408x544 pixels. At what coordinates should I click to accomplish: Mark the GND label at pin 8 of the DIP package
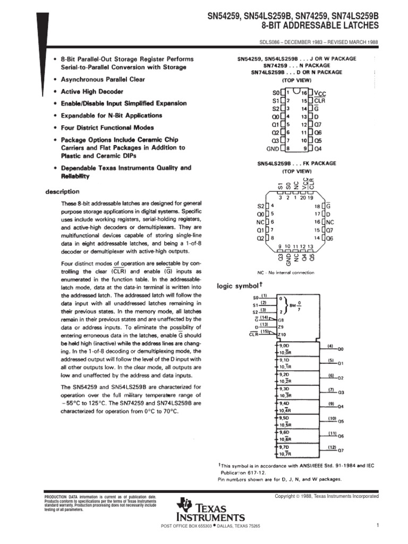273,149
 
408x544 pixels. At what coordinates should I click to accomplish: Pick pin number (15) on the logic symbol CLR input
263,331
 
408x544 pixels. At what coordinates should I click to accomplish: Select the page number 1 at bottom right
376,526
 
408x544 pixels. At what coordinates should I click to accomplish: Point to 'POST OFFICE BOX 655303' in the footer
185,526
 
